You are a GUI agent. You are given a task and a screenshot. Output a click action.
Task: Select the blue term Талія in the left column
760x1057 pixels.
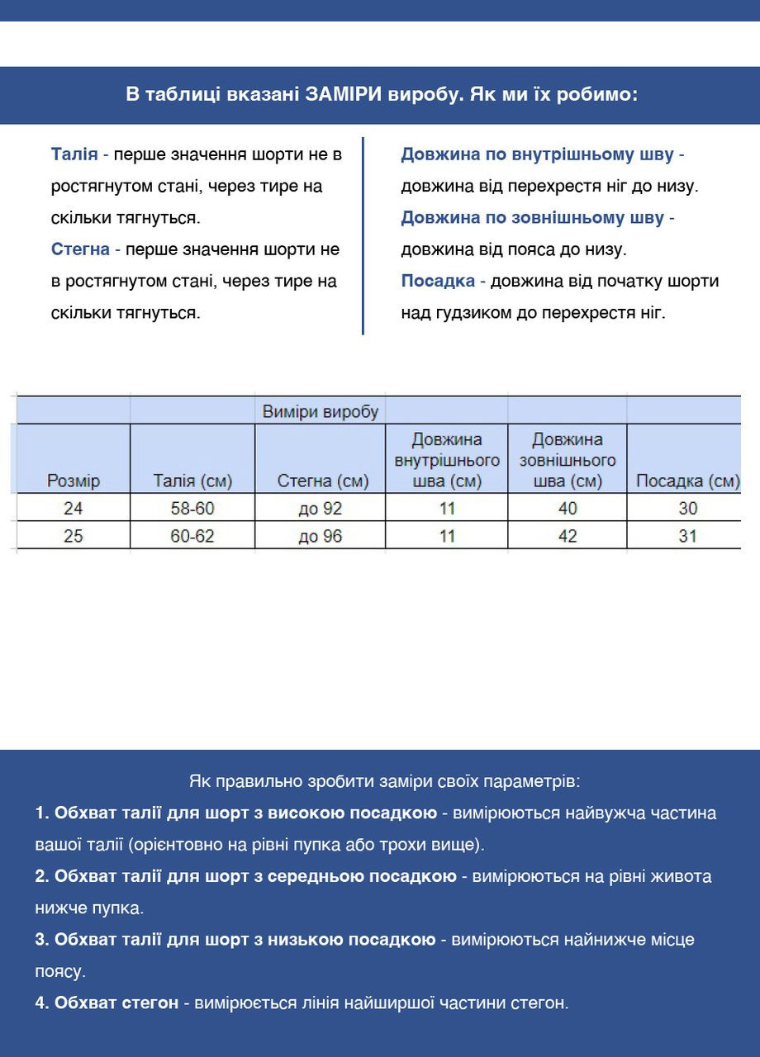(x=74, y=154)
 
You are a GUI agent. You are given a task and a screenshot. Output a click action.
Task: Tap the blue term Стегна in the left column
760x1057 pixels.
(x=80, y=249)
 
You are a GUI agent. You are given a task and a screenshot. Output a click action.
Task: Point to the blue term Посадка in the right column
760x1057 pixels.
(x=438, y=281)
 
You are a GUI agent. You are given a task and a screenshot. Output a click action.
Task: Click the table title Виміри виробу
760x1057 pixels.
(x=320, y=411)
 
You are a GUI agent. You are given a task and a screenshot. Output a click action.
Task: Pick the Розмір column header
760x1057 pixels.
(x=74, y=481)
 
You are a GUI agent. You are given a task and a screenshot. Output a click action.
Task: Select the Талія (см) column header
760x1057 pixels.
(x=192, y=481)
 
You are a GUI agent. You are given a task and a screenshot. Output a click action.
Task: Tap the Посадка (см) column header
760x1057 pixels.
(x=687, y=481)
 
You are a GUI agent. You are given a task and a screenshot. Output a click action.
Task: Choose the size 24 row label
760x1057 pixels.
(x=74, y=509)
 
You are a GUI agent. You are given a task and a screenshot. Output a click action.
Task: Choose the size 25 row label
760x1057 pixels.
(x=74, y=537)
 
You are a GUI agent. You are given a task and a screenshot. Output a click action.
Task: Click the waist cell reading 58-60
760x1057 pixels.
(x=192, y=509)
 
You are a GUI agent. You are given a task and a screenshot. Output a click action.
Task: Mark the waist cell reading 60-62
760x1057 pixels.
(x=192, y=537)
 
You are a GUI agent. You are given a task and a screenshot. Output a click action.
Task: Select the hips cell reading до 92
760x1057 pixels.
(x=320, y=509)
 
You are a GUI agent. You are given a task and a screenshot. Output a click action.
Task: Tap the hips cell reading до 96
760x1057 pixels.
(x=320, y=537)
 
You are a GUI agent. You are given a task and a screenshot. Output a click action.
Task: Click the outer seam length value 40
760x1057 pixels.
(x=568, y=509)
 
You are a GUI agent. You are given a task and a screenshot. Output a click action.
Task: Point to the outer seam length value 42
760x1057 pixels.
(x=568, y=537)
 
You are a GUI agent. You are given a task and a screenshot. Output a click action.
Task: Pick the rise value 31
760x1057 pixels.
(x=687, y=537)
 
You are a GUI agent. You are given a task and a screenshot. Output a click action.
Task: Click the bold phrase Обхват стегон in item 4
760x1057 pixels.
(x=116, y=1003)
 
